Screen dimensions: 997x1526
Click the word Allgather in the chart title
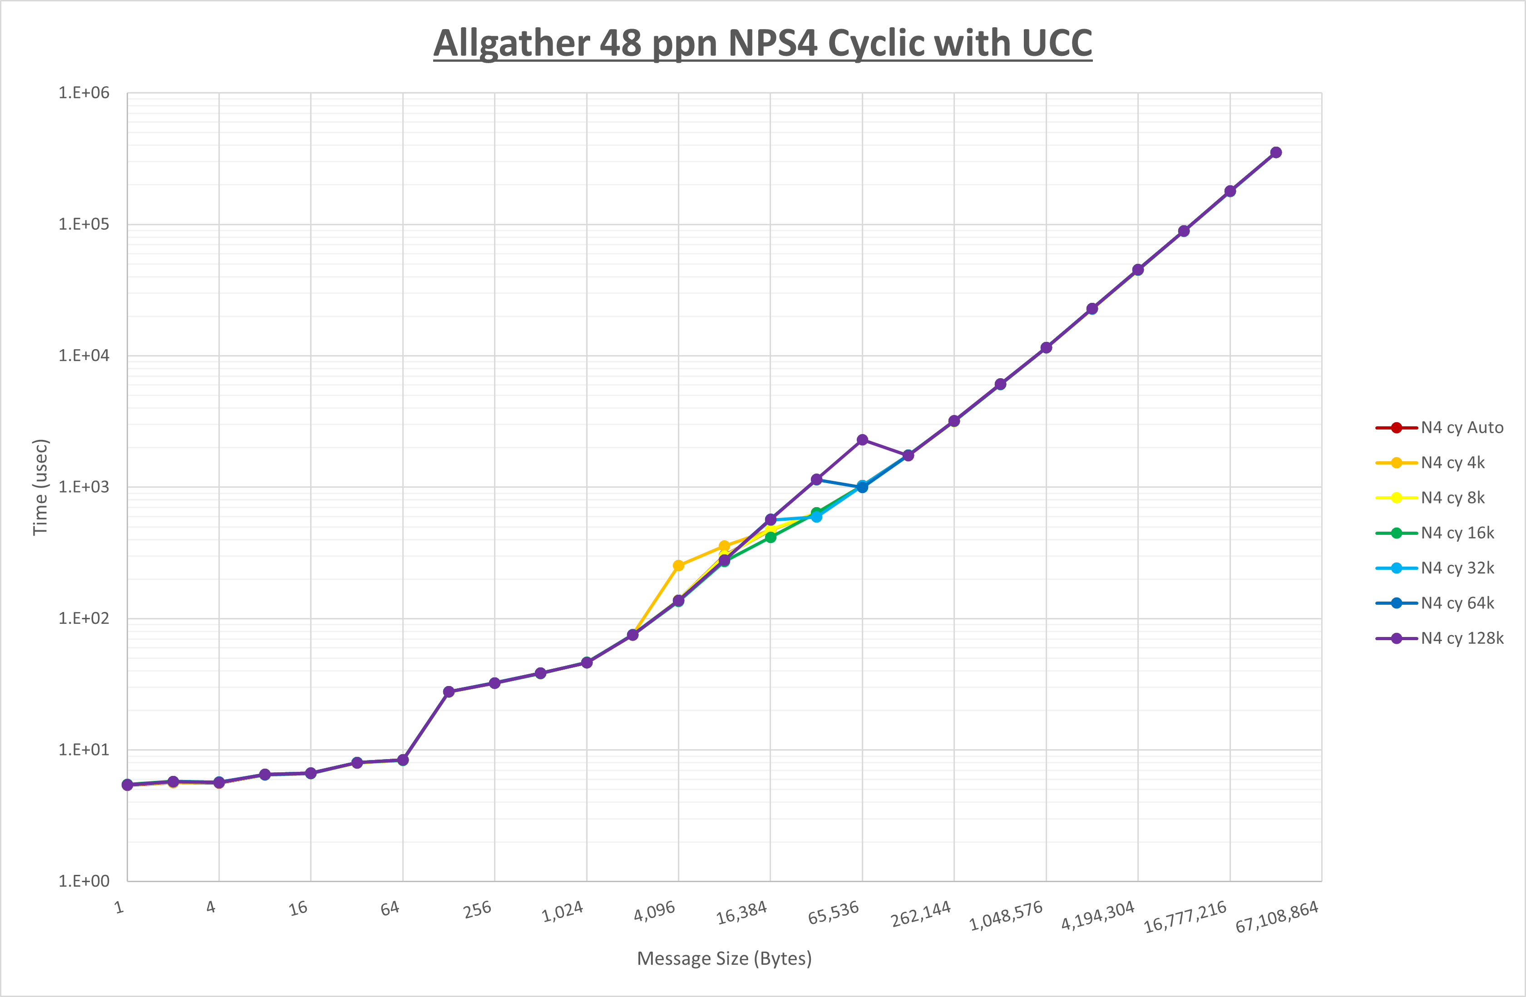[x=511, y=43]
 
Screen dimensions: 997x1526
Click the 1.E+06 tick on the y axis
[x=84, y=93]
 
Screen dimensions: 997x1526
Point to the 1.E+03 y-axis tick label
[x=84, y=487]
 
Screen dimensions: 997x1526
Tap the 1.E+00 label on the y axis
[x=84, y=881]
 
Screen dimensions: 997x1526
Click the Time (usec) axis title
[x=40, y=487]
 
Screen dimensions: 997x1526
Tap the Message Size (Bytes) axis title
[x=724, y=958]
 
